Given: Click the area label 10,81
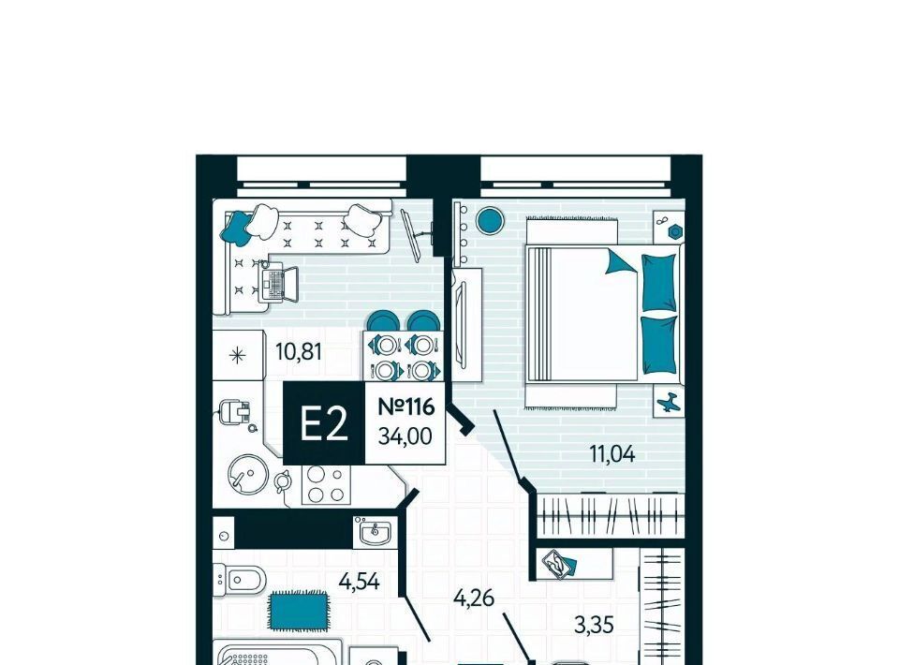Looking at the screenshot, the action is (298, 351).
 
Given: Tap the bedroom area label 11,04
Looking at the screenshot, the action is (612, 454).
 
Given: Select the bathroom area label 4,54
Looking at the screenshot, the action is (359, 582).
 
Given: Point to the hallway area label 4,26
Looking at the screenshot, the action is (474, 598).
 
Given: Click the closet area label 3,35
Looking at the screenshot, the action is (594, 625).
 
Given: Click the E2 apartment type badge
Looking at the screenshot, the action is (324, 422).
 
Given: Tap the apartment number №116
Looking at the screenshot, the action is (406, 407).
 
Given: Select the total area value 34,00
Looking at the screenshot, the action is (405, 436).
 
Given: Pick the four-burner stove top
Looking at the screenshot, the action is (326, 484).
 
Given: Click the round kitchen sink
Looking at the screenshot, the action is (247, 475).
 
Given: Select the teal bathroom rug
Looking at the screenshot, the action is (300, 610).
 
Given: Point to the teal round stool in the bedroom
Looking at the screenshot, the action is (490, 220).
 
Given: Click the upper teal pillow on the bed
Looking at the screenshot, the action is (658, 283).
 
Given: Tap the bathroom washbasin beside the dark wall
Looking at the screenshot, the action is (375, 531).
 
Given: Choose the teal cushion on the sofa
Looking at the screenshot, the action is (236, 229).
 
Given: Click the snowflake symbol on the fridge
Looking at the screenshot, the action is (237, 356).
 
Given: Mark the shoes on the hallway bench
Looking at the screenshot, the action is (558, 564).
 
